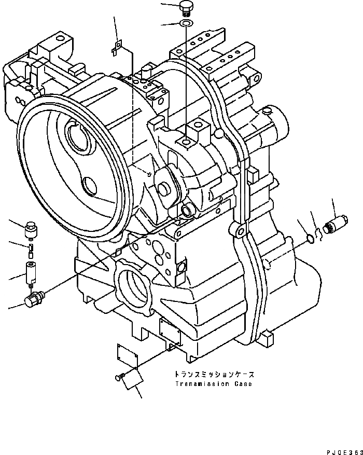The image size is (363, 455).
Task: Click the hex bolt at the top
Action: (185, 7)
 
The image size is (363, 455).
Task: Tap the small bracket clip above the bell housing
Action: (117, 48)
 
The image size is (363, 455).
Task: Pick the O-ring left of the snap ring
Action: (309, 238)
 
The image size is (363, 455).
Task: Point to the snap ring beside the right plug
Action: (320, 235)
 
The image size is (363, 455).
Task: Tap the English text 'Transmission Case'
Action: (213, 384)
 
